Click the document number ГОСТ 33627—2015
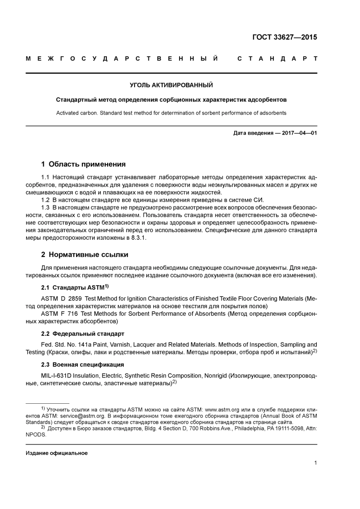(284, 37)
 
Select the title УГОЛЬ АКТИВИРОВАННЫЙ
(171, 85)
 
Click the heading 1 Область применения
(83, 164)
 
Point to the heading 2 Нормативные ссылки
(85, 254)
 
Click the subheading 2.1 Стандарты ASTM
(75, 287)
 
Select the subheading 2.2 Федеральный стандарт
(83, 334)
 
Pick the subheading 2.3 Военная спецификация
(82, 365)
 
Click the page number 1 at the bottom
(315, 462)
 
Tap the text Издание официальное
(56, 453)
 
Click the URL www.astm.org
(222, 410)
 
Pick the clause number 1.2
(45, 200)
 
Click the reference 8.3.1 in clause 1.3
(138, 238)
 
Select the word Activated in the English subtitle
(67, 113)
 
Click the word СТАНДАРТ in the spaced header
(277, 59)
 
